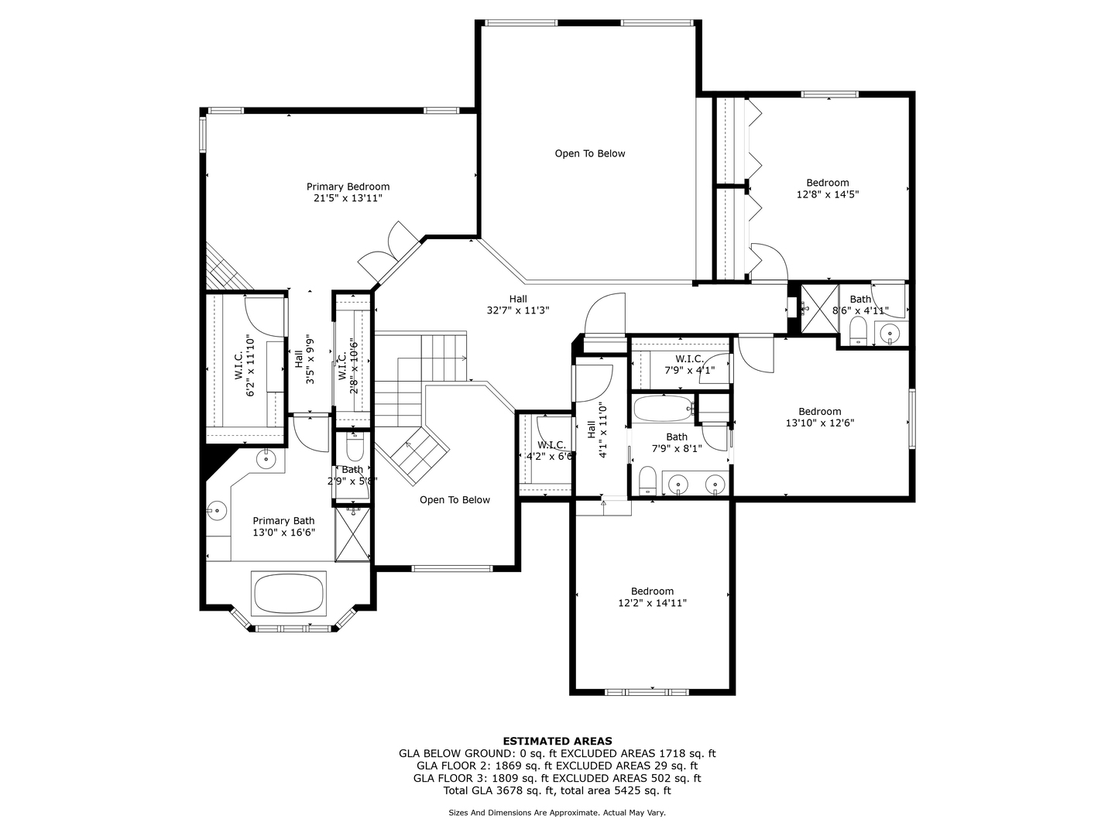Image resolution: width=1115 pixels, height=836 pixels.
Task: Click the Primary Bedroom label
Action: click(x=348, y=187)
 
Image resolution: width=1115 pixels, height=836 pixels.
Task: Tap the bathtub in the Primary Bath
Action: click(x=289, y=593)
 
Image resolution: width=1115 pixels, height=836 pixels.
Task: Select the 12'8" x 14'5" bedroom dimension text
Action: click(x=828, y=194)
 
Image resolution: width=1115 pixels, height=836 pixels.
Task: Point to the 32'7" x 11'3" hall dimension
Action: click(x=518, y=310)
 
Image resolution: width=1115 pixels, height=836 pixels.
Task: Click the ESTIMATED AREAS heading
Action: click(x=557, y=741)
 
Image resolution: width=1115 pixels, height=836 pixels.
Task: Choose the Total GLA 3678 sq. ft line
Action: click(x=557, y=790)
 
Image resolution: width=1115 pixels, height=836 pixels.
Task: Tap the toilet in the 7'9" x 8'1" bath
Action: click(x=647, y=481)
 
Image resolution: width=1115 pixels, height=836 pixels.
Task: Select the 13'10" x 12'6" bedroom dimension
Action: click(x=820, y=423)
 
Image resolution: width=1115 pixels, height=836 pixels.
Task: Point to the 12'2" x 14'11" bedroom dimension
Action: click(x=652, y=603)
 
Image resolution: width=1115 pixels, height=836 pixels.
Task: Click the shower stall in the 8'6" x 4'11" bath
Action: click(x=819, y=309)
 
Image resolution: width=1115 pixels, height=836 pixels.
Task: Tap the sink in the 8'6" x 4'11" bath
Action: click(x=890, y=334)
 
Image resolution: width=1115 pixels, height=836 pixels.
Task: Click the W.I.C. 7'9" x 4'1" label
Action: click(x=689, y=365)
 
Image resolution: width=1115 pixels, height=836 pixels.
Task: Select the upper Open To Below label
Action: click(x=590, y=154)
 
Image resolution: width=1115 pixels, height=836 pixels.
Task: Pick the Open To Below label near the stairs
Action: click(x=455, y=500)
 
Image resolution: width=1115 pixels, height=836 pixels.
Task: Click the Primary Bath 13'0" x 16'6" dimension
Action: click(x=284, y=533)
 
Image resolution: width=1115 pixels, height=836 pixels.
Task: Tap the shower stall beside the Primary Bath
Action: click(x=352, y=534)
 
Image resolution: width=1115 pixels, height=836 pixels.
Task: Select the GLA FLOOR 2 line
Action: click(x=557, y=766)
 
